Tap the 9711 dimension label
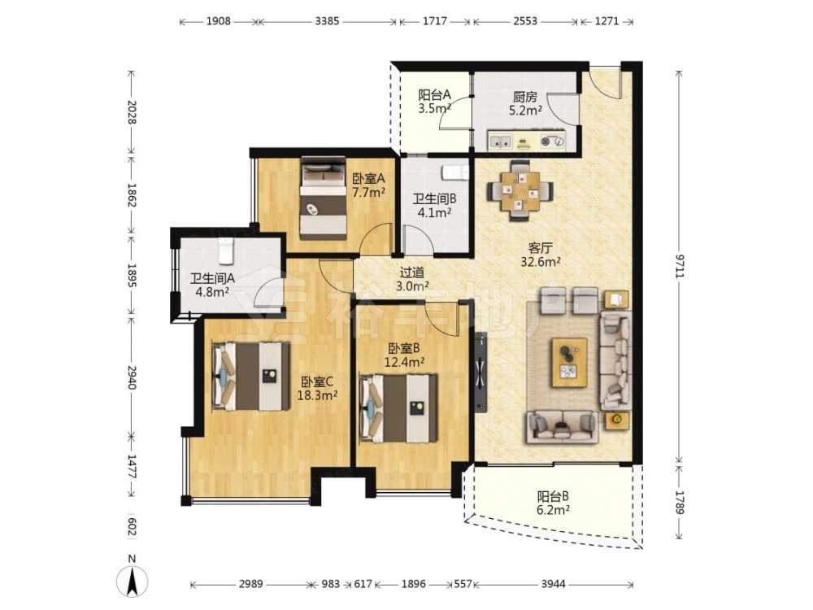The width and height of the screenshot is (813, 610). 680,265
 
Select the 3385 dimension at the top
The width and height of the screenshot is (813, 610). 327,21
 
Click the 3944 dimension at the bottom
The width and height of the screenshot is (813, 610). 553,584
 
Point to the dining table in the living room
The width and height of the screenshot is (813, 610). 520,191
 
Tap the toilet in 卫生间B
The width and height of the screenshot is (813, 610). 454,172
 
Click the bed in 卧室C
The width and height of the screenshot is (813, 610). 250,376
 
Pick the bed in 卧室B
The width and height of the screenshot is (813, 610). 398,408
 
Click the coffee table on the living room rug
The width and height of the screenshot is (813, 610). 569,363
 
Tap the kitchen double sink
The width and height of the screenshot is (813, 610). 500,141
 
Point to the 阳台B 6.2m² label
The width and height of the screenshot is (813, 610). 553,503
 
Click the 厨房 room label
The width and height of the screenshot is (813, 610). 524,97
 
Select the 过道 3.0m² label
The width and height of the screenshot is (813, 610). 412,278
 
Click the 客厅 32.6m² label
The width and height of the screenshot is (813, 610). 541,254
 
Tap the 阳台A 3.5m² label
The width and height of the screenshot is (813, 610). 434,102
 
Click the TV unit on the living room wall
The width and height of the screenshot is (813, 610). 480,372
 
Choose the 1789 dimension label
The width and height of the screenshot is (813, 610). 680,500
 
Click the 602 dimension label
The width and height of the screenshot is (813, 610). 131,528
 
